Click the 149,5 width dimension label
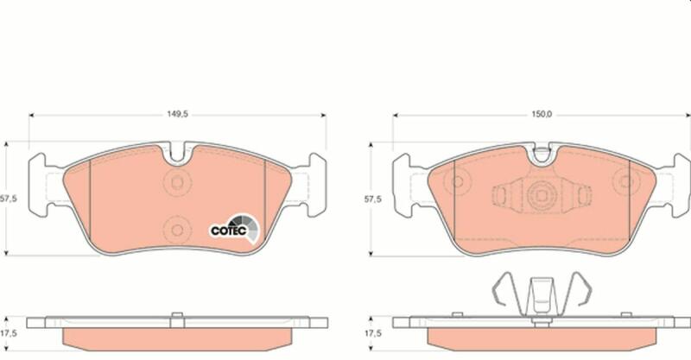177,114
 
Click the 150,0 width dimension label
542,114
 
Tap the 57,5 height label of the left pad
8,199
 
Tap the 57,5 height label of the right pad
373,199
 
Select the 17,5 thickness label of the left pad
9,333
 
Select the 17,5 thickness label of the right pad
373,333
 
